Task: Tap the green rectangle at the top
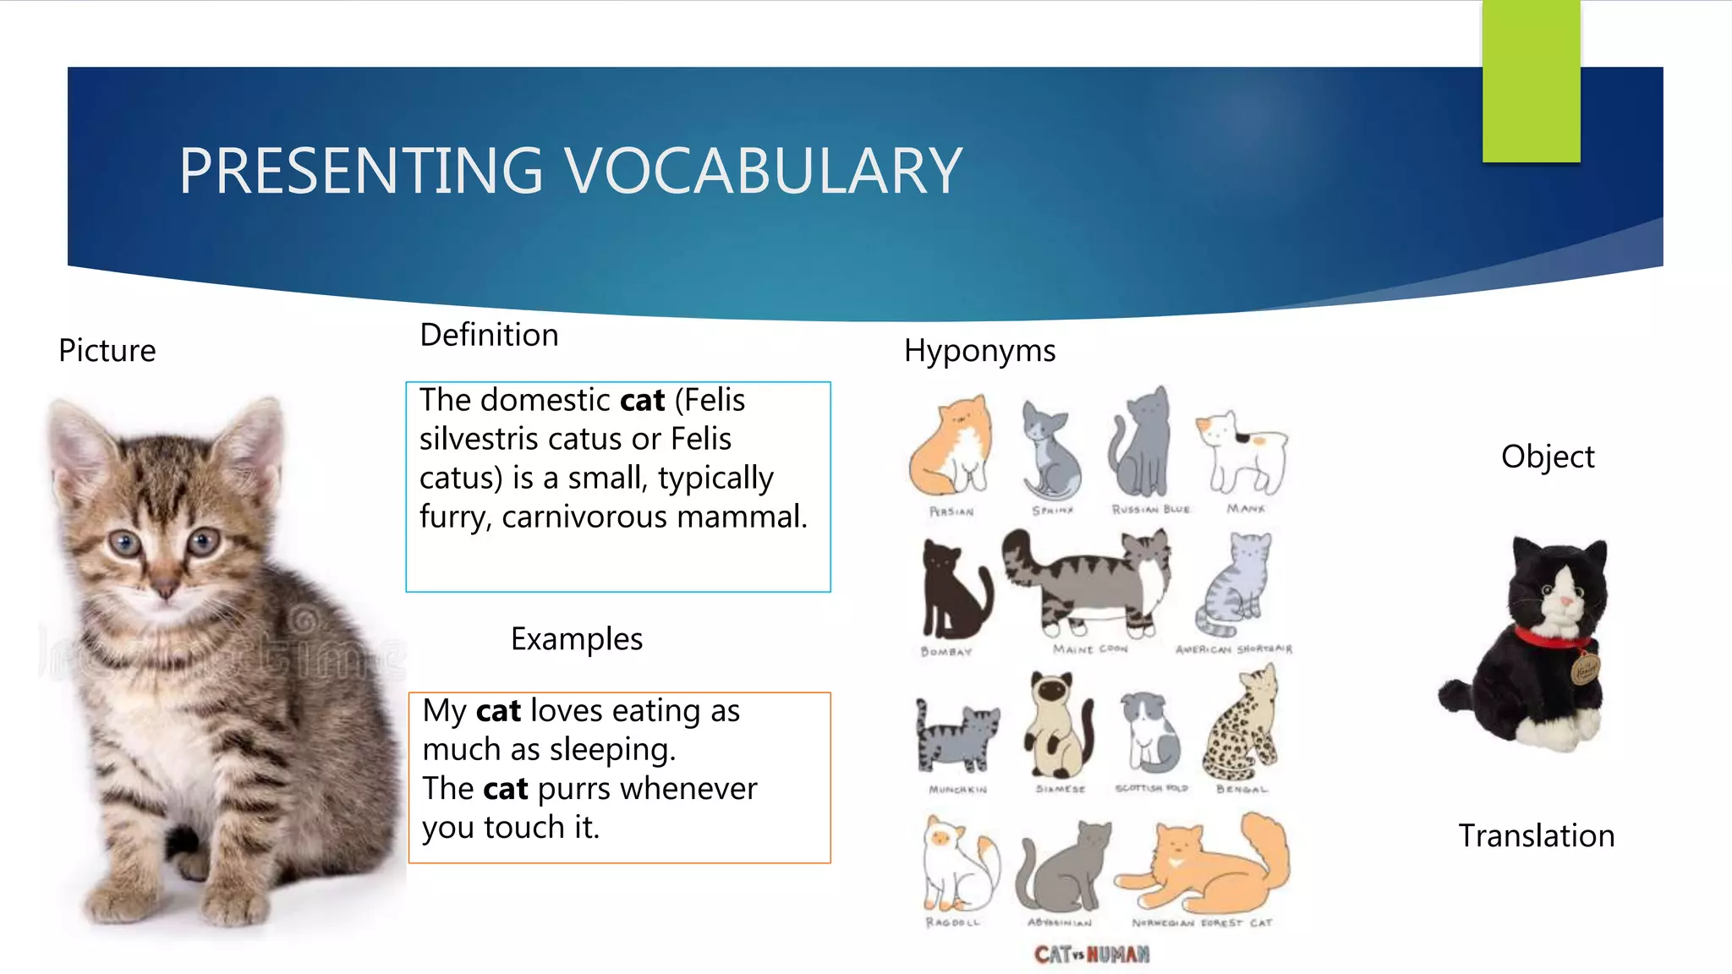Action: click(1531, 81)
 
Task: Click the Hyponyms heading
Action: click(979, 350)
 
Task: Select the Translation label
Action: click(1536, 835)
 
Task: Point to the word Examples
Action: click(577, 638)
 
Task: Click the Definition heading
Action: click(489, 335)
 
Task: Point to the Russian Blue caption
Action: click(1151, 510)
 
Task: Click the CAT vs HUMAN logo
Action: click(1091, 955)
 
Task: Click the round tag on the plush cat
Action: click(1585, 670)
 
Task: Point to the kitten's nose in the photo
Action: click(166, 588)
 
